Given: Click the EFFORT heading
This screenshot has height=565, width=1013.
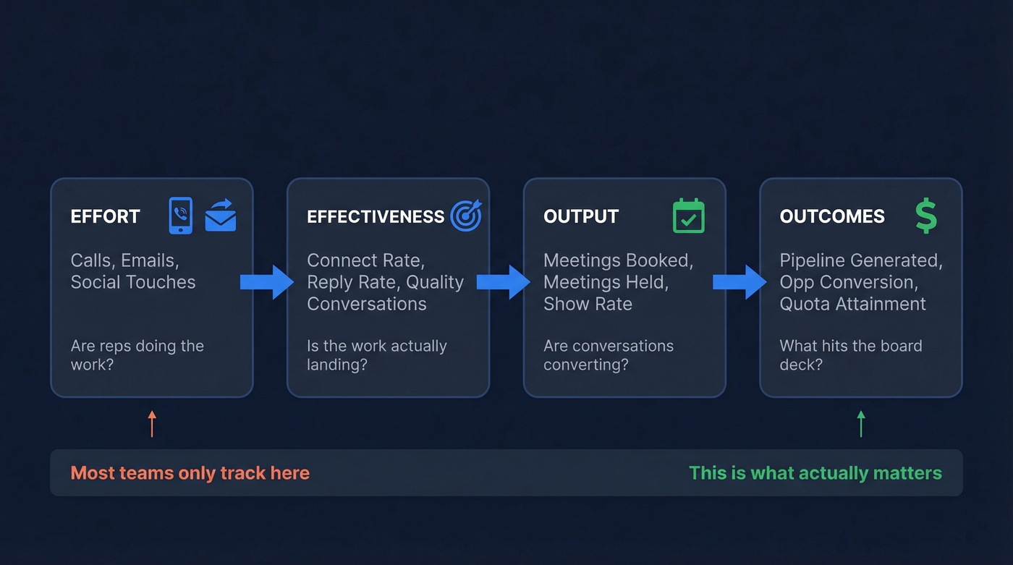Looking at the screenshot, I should (x=105, y=216).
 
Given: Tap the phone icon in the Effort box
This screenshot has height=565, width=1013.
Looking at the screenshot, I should (x=180, y=216).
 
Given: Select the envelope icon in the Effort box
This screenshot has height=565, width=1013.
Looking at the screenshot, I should (x=221, y=216).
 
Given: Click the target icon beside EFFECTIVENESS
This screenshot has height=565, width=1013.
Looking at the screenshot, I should (x=466, y=216).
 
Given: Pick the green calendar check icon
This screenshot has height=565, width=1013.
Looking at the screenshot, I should (x=688, y=216).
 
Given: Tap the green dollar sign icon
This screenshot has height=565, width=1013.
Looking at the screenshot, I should (x=925, y=216).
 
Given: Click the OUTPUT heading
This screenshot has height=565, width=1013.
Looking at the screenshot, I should (x=580, y=216).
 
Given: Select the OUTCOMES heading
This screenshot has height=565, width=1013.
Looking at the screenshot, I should (x=831, y=216).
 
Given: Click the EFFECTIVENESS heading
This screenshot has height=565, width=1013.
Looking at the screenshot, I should (x=375, y=216).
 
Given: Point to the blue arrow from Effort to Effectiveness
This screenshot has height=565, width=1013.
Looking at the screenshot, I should (x=266, y=282).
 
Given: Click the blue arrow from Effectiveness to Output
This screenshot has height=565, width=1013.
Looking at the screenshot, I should (x=503, y=282).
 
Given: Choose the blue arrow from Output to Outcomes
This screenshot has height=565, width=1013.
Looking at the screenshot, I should (x=739, y=282).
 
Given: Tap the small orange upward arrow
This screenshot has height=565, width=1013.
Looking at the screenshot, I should (x=152, y=424).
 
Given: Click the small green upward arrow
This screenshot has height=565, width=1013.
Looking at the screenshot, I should (x=861, y=424).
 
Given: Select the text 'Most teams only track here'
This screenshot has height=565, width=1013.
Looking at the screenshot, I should (x=190, y=473).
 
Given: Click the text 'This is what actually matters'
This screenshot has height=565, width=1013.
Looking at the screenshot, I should (x=815, y=473).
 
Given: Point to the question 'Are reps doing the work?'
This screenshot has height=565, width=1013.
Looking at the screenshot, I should (x=137, y=354).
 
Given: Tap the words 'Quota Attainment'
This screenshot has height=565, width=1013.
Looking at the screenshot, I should (x=852, y=304).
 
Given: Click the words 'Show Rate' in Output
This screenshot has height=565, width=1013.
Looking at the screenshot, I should (x=588, y=304).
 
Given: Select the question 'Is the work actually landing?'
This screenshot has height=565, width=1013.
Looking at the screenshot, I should (x=376, y=354).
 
